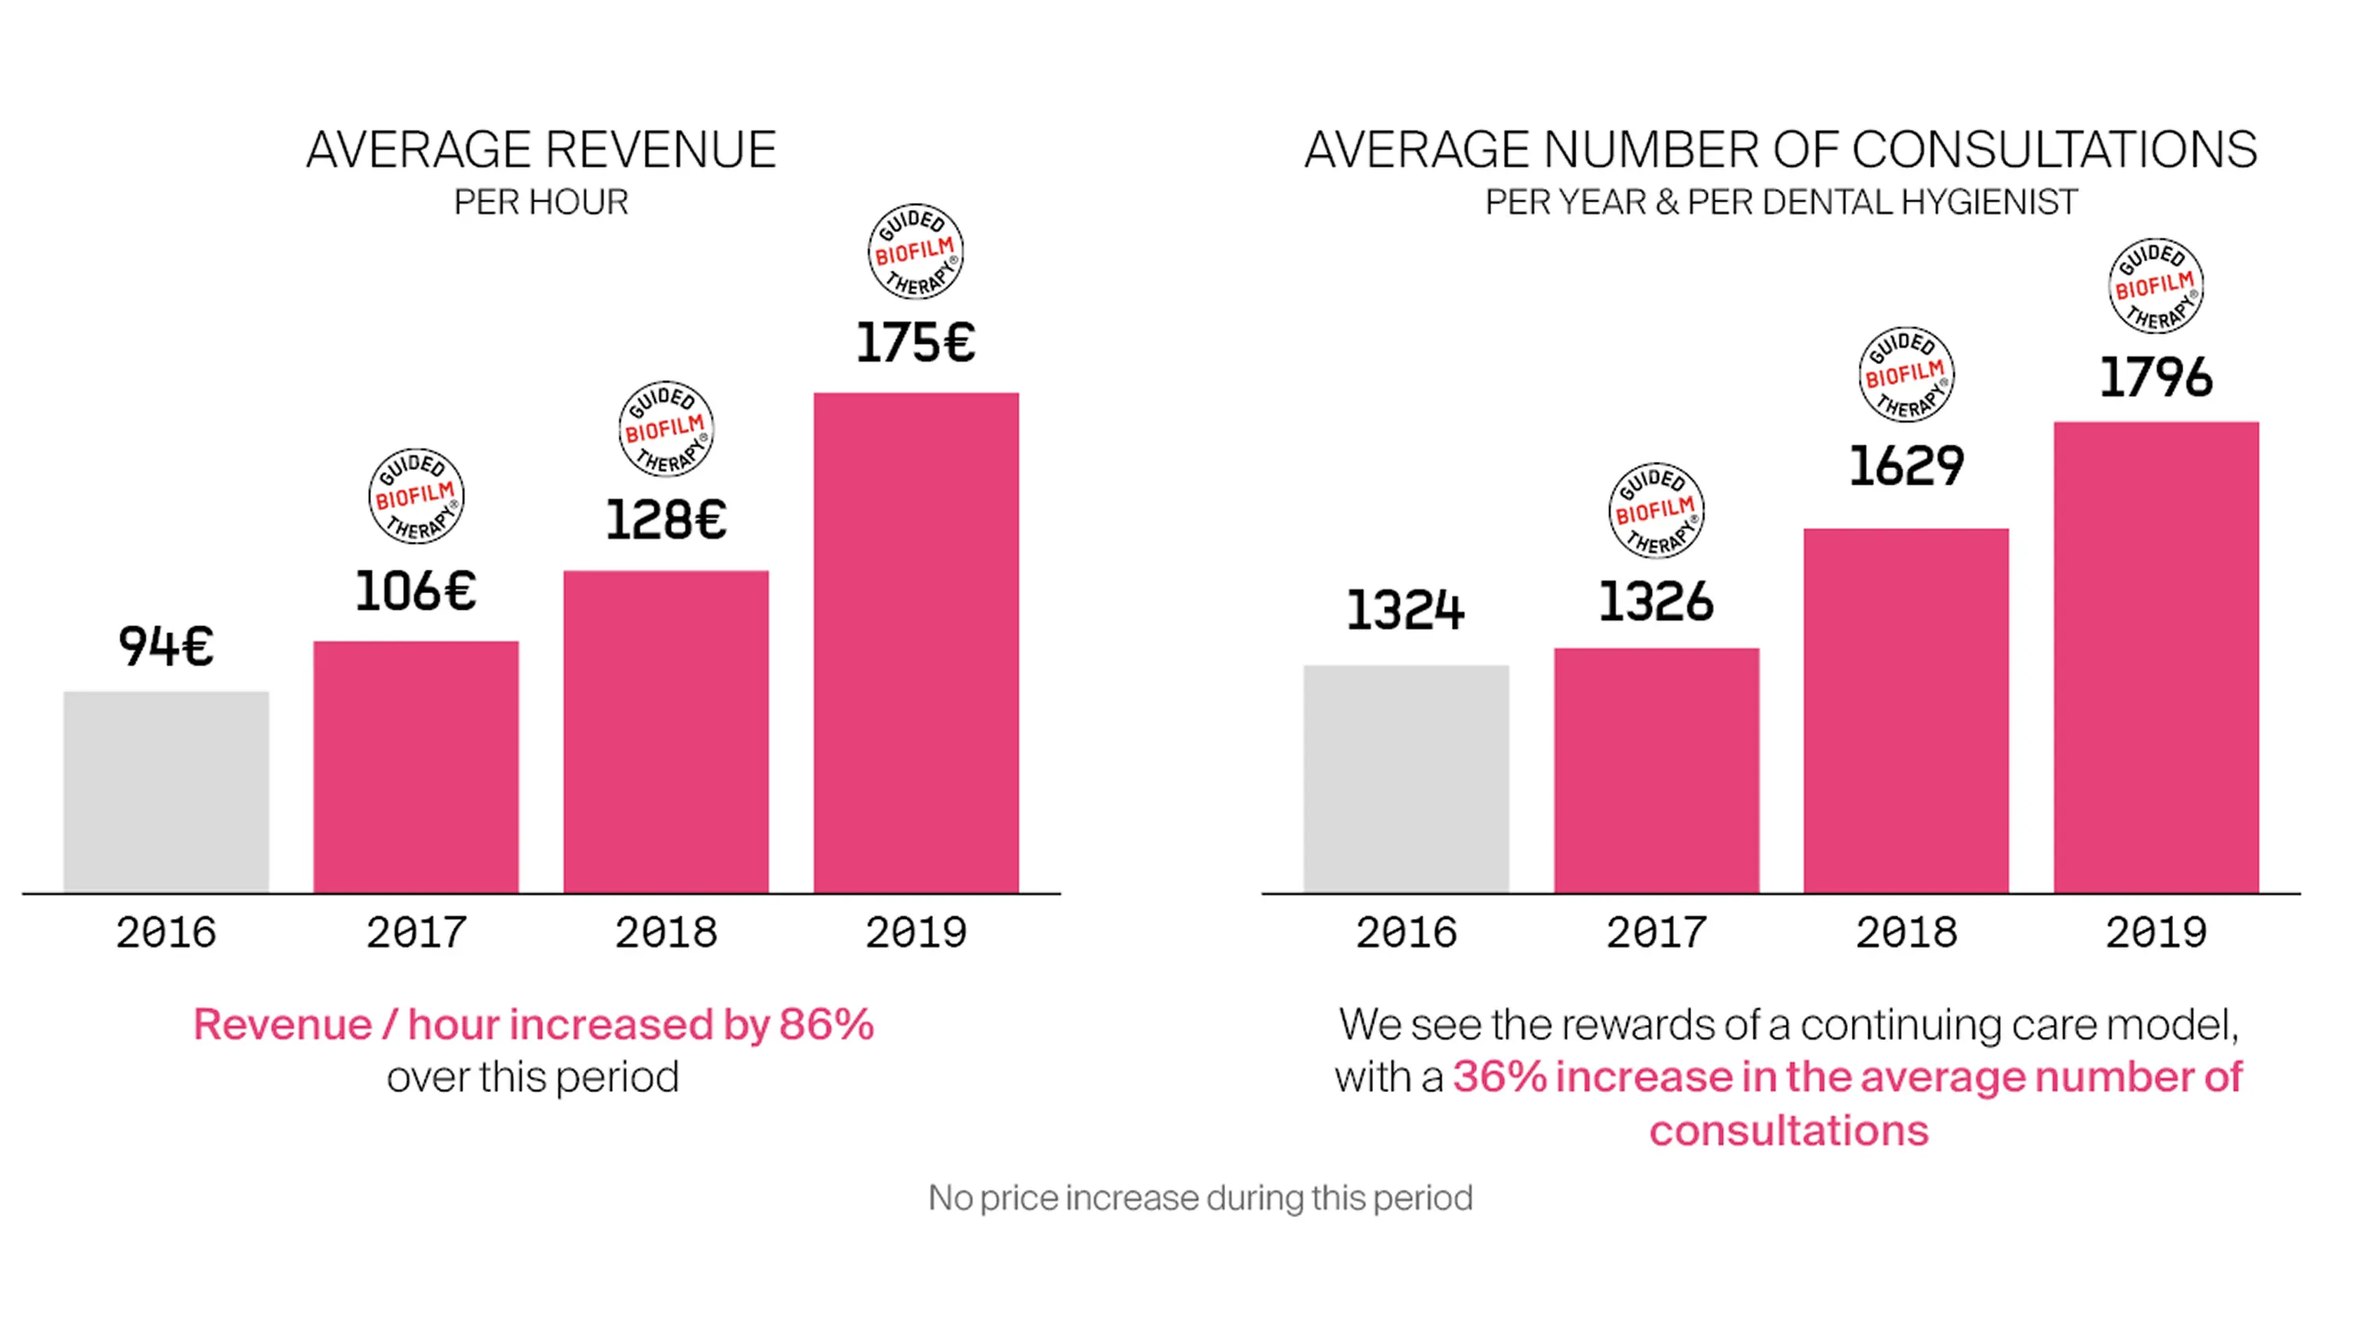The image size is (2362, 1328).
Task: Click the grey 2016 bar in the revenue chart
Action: [166, 792]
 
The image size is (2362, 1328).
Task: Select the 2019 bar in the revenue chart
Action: [916, 641]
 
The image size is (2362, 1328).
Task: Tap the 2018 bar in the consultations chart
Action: [1905, 710]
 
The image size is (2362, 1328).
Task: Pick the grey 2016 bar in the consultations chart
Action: [1405, 779]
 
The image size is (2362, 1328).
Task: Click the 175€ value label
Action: [915, 344]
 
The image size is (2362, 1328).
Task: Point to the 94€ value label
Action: [166, 645]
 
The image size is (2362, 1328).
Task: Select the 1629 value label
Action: [1906, 466]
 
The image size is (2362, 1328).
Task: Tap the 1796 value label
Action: [2156, 378]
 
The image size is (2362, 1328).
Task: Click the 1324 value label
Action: [1405, 611]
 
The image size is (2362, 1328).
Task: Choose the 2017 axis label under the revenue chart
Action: [416, 933]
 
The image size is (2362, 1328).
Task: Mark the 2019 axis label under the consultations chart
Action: [2156, 933]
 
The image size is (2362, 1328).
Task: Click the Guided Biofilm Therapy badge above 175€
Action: [915, 251]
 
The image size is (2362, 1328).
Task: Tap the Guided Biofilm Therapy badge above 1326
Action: [1656, 511]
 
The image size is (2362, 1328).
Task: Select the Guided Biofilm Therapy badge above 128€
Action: [665, 429]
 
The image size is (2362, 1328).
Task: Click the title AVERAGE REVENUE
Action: [541, 150]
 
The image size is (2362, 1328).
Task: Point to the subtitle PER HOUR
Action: [541, 202]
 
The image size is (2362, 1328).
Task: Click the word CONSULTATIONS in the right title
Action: [2054, 150]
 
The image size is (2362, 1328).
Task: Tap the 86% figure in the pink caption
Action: [826, 1024]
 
